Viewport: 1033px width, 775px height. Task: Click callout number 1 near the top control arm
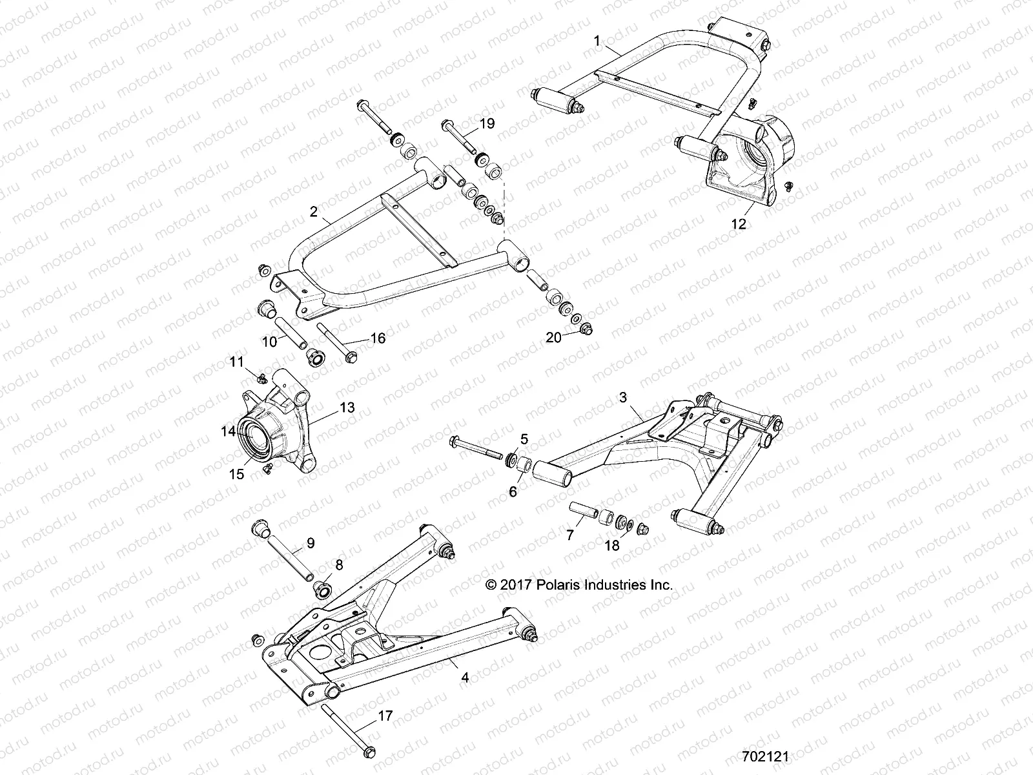point(597,41)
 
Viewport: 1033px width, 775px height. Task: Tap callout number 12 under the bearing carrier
point(739,224)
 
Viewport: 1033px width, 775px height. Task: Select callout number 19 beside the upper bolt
point(487,123)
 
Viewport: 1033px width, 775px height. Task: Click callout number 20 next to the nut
point(553,336)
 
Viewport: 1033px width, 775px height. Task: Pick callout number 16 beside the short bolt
point(377,338)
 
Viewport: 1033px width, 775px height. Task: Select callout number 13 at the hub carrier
point(347,408)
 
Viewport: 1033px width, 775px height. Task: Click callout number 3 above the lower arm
point(623,398)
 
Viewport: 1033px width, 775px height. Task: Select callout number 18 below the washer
point(611,546)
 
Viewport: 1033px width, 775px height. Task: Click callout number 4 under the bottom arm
point(465,677)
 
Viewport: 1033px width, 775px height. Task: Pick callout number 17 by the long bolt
point(384,716)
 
